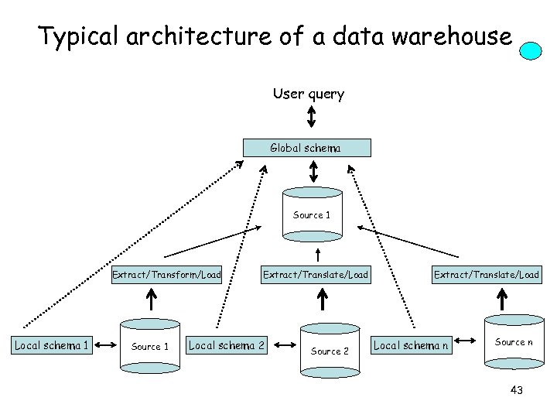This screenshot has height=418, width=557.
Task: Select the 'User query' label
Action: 308,94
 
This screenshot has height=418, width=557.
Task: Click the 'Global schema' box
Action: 307,148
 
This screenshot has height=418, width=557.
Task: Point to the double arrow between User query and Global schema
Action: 310,117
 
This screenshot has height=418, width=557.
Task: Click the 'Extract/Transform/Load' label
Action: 166,275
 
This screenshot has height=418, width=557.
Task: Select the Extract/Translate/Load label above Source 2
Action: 316,275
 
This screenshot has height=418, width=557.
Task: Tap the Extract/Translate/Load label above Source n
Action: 487,275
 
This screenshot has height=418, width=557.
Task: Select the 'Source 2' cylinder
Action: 330,350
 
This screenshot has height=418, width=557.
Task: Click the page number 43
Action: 517,391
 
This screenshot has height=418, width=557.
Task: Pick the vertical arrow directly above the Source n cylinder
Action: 504,298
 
